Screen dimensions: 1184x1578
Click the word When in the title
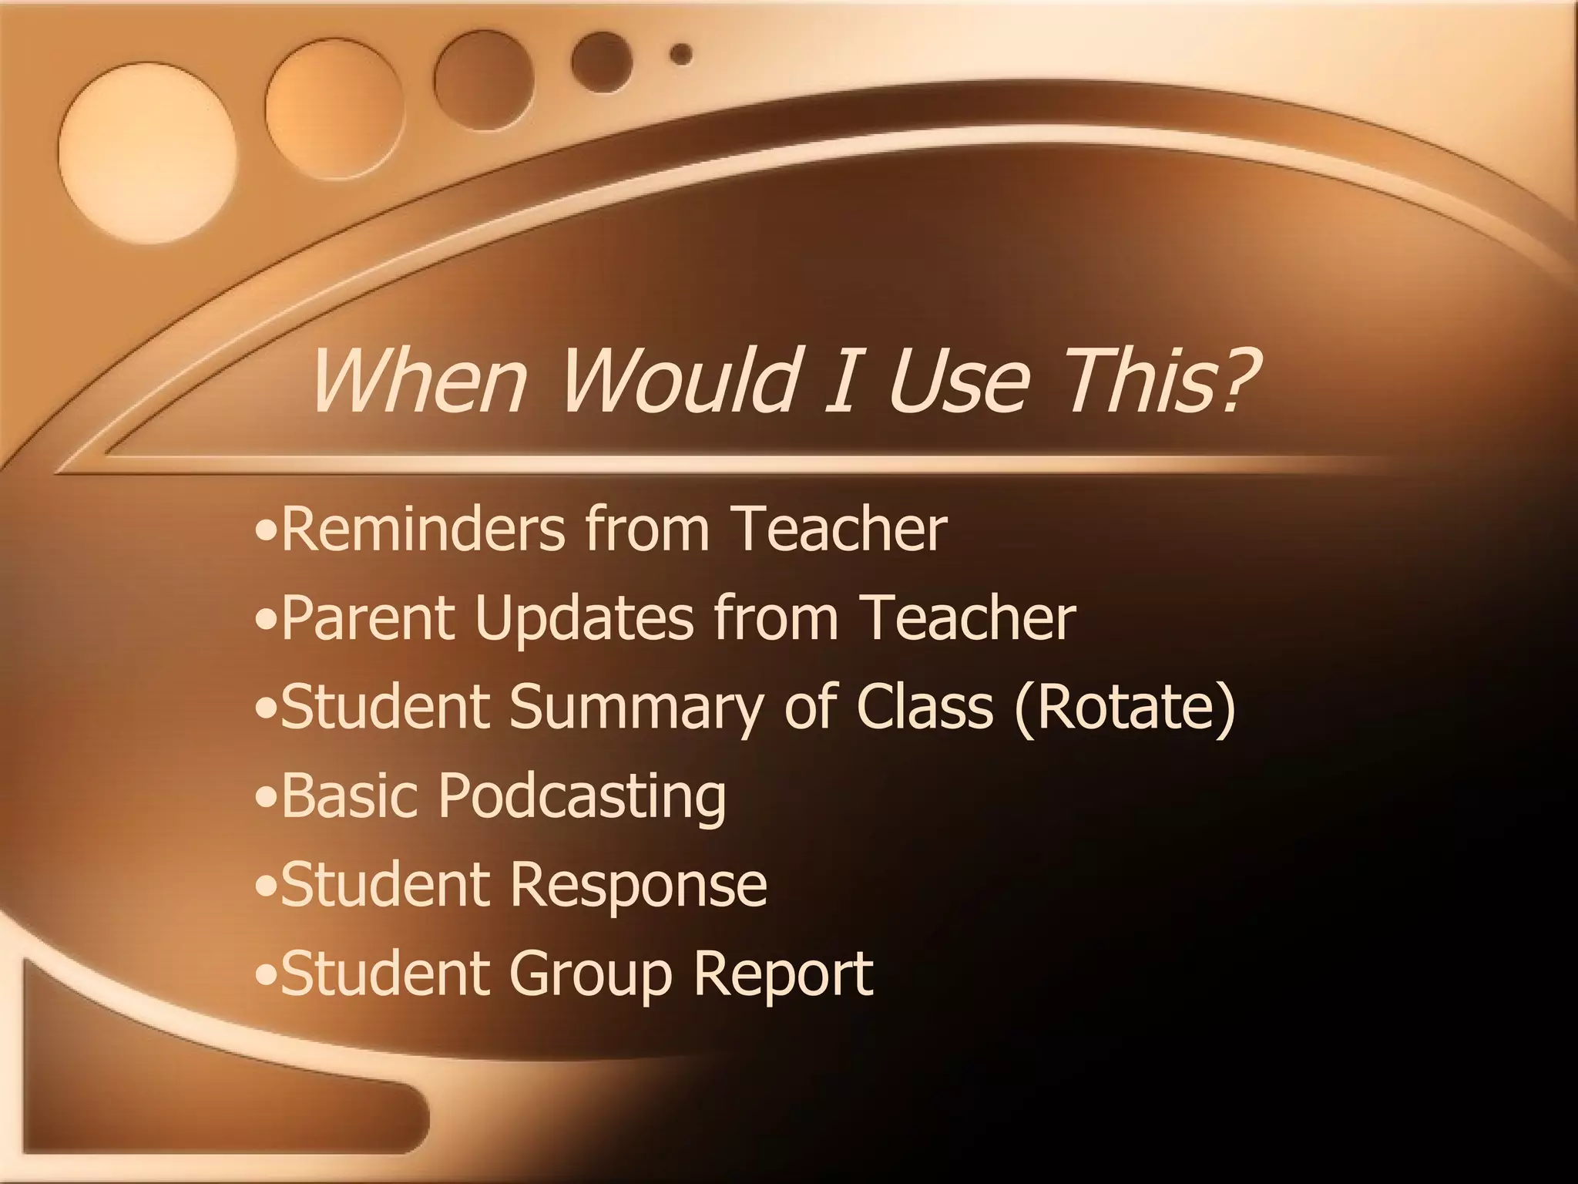(x=417, y=379)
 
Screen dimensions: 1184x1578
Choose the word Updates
(x=583, y=619)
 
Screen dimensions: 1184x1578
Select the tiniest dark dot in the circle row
(x=680, y=54)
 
